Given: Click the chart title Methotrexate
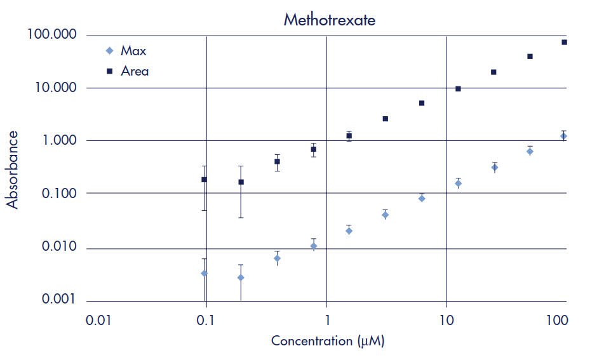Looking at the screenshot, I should click(x=329, y=20).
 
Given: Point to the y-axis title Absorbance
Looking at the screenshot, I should click(x=12, y=170).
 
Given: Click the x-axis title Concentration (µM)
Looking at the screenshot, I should click(x=328, y=341).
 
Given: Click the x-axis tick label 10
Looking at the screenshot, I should click(x=446, y=321).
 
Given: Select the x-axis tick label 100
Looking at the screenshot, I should click(x=557, y=321).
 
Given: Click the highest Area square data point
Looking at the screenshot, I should click(x=564, y=42).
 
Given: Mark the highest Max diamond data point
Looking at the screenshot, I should click(x=563, y=136).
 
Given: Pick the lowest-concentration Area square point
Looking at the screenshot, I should click(x=204, y=180).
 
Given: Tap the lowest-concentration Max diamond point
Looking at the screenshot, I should click(x=204, y=273).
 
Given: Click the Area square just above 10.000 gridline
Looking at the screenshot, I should click(x=458, y=89).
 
